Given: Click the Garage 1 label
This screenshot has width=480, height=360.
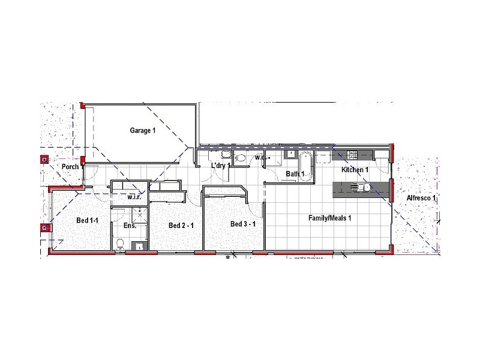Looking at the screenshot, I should pyautogui.click(x=143, y=130).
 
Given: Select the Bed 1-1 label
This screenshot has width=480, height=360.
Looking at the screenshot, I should pyautogui.click(x=87, y=221).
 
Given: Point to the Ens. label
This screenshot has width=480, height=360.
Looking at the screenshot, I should pyautogui.click(x=130, y=226).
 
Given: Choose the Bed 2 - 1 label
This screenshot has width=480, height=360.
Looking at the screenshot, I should pyautogui.click(x=181, y=226).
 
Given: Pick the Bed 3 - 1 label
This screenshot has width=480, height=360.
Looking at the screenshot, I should pyautogui.click(x=244, y=224).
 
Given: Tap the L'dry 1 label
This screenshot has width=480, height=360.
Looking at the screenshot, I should pyautogui.click(x=221, y=166).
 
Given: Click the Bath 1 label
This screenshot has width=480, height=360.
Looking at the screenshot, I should pyautogui.click(x=295, y=174).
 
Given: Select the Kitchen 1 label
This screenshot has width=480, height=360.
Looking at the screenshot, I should pyautogui.click(x=355, y=170).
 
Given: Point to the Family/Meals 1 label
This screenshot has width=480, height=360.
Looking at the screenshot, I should pyautogui.click(x=329, y=218).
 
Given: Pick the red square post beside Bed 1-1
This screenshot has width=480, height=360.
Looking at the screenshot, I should pyautogui.click(x=44, y=227).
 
